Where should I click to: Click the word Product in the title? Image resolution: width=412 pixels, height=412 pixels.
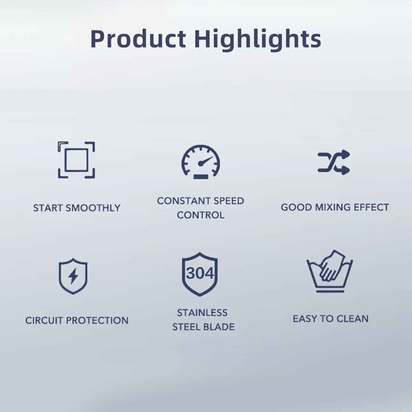[138, 39]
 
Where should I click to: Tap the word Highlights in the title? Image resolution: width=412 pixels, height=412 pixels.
[258, 39]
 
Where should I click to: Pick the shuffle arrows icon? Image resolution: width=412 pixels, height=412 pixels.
[334, 162]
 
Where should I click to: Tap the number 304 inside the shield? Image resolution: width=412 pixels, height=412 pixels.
[200, 273]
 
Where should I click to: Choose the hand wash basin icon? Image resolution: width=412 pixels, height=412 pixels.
[330, 271]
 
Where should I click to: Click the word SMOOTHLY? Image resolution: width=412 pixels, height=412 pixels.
[93, 208]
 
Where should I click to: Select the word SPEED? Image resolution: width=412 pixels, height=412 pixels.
[229, 201]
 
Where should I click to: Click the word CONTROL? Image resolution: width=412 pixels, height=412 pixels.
[201, 215]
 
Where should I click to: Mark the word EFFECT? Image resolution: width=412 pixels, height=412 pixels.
[371, 207]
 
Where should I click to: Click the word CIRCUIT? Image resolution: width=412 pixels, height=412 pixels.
[44, 320]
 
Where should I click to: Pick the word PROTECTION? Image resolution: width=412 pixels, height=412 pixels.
[97, 320]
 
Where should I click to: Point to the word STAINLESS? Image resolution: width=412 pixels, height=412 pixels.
[202, 313]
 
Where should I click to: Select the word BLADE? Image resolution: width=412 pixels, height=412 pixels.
[219, 327]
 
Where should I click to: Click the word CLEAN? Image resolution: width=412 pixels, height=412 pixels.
[352, 319]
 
